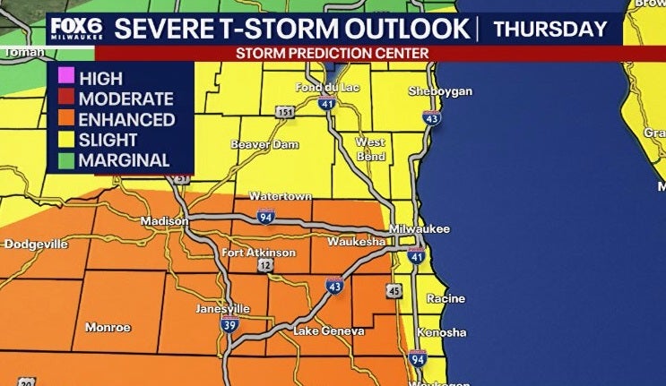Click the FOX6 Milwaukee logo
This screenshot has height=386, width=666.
tap(76, 29)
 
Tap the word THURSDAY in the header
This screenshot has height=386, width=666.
tap(550, 29)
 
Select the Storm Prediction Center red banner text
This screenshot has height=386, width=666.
tap(333, 54)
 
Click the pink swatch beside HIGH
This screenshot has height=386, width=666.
tap(65, 77)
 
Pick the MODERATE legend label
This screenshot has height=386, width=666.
tap(125, 99)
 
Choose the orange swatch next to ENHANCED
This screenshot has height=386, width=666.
tap(65, 119)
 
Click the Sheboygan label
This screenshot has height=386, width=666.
tap(434, 92)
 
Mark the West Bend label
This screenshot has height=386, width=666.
tap(370, 148)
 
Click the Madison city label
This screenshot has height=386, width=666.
tap(164, 221)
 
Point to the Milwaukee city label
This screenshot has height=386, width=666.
tap(421, 229)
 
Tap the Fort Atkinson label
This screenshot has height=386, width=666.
tap(258, 253)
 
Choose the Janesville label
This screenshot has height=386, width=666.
tap(223, 309)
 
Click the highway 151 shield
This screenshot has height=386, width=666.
tap(284, 112)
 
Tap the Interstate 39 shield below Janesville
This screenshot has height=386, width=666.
tap(229, 326)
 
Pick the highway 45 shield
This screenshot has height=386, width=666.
tap(394, 290)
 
